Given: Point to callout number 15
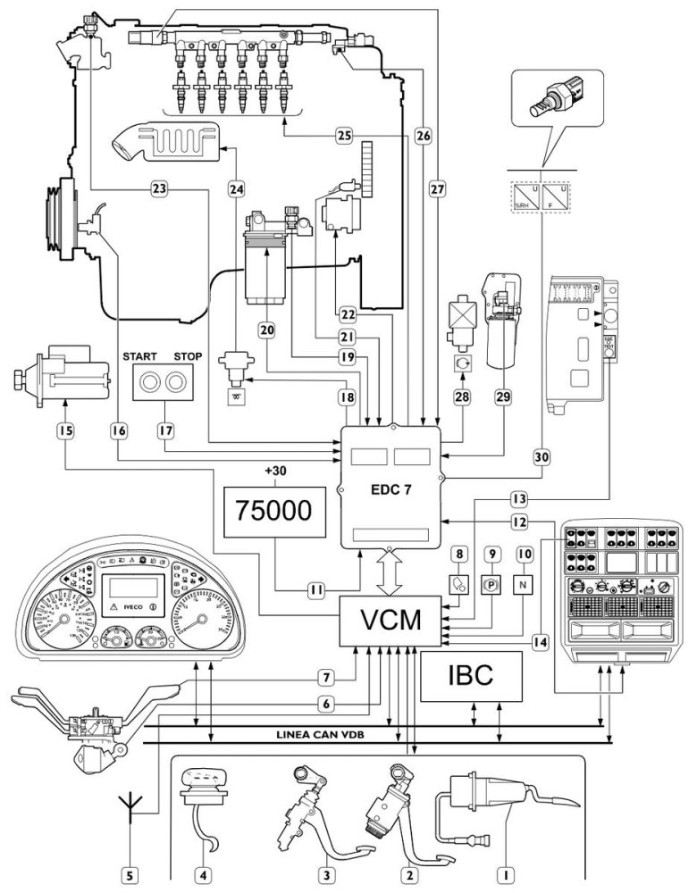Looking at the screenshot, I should (64, 430).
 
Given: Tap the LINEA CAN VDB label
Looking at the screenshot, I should (332, 736).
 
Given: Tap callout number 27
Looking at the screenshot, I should (436, 188).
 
